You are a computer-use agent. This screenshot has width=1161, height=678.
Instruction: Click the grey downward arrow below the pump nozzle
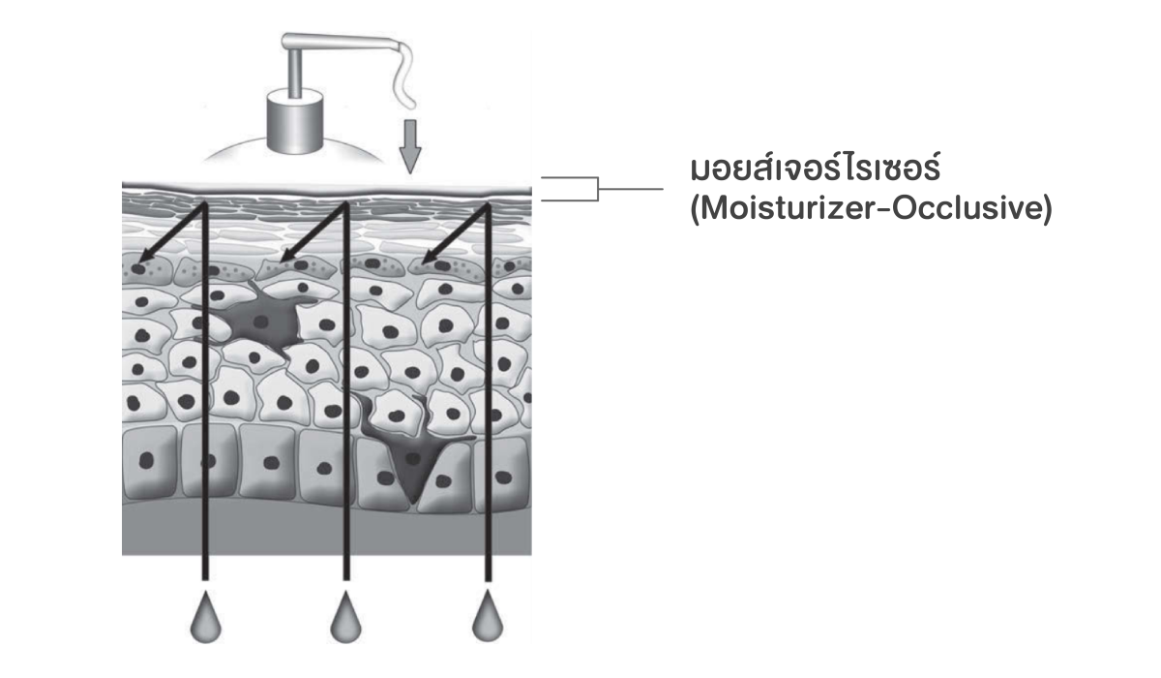(410, 146)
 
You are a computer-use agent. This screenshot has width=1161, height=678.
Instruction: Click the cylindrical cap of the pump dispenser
(295, 121)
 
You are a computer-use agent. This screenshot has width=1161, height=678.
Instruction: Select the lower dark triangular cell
(412, 456)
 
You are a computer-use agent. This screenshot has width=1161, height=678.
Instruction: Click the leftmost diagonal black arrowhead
(147, 255)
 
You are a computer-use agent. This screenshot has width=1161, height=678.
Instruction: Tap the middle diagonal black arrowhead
(287, 255)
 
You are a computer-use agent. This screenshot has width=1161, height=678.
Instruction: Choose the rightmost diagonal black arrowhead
(431, 255)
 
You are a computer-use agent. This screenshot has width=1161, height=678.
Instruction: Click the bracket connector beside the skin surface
(598, 189)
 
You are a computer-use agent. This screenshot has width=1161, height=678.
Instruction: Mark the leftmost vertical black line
(205, 391)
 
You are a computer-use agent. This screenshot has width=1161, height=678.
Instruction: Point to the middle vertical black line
(346, 391)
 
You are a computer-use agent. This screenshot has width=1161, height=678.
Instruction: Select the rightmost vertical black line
(488, 391)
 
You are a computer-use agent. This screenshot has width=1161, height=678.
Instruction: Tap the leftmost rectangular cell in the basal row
(148, 462)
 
